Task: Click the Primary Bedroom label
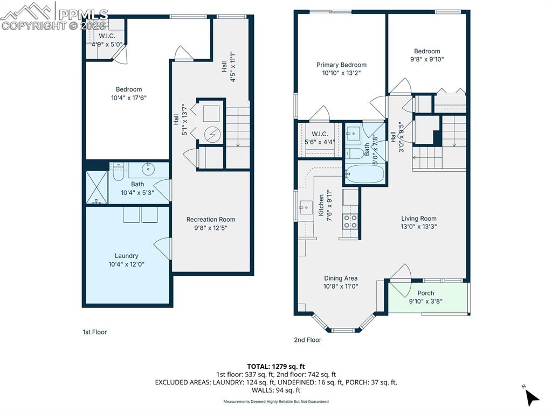[341, 65]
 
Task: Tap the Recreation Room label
[211, 219]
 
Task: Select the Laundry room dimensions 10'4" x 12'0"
[127, 264]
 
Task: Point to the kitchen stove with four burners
[350, 221]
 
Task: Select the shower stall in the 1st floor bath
[98, 188]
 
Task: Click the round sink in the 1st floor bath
[149, 170]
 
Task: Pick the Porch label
[426, 293]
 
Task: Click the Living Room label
[418, 219]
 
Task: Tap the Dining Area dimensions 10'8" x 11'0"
[340, 286]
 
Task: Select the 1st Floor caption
[94, 332]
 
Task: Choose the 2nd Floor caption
[307, 340]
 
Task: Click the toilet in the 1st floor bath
[119, 173]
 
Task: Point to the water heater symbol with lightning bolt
[211, 133]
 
